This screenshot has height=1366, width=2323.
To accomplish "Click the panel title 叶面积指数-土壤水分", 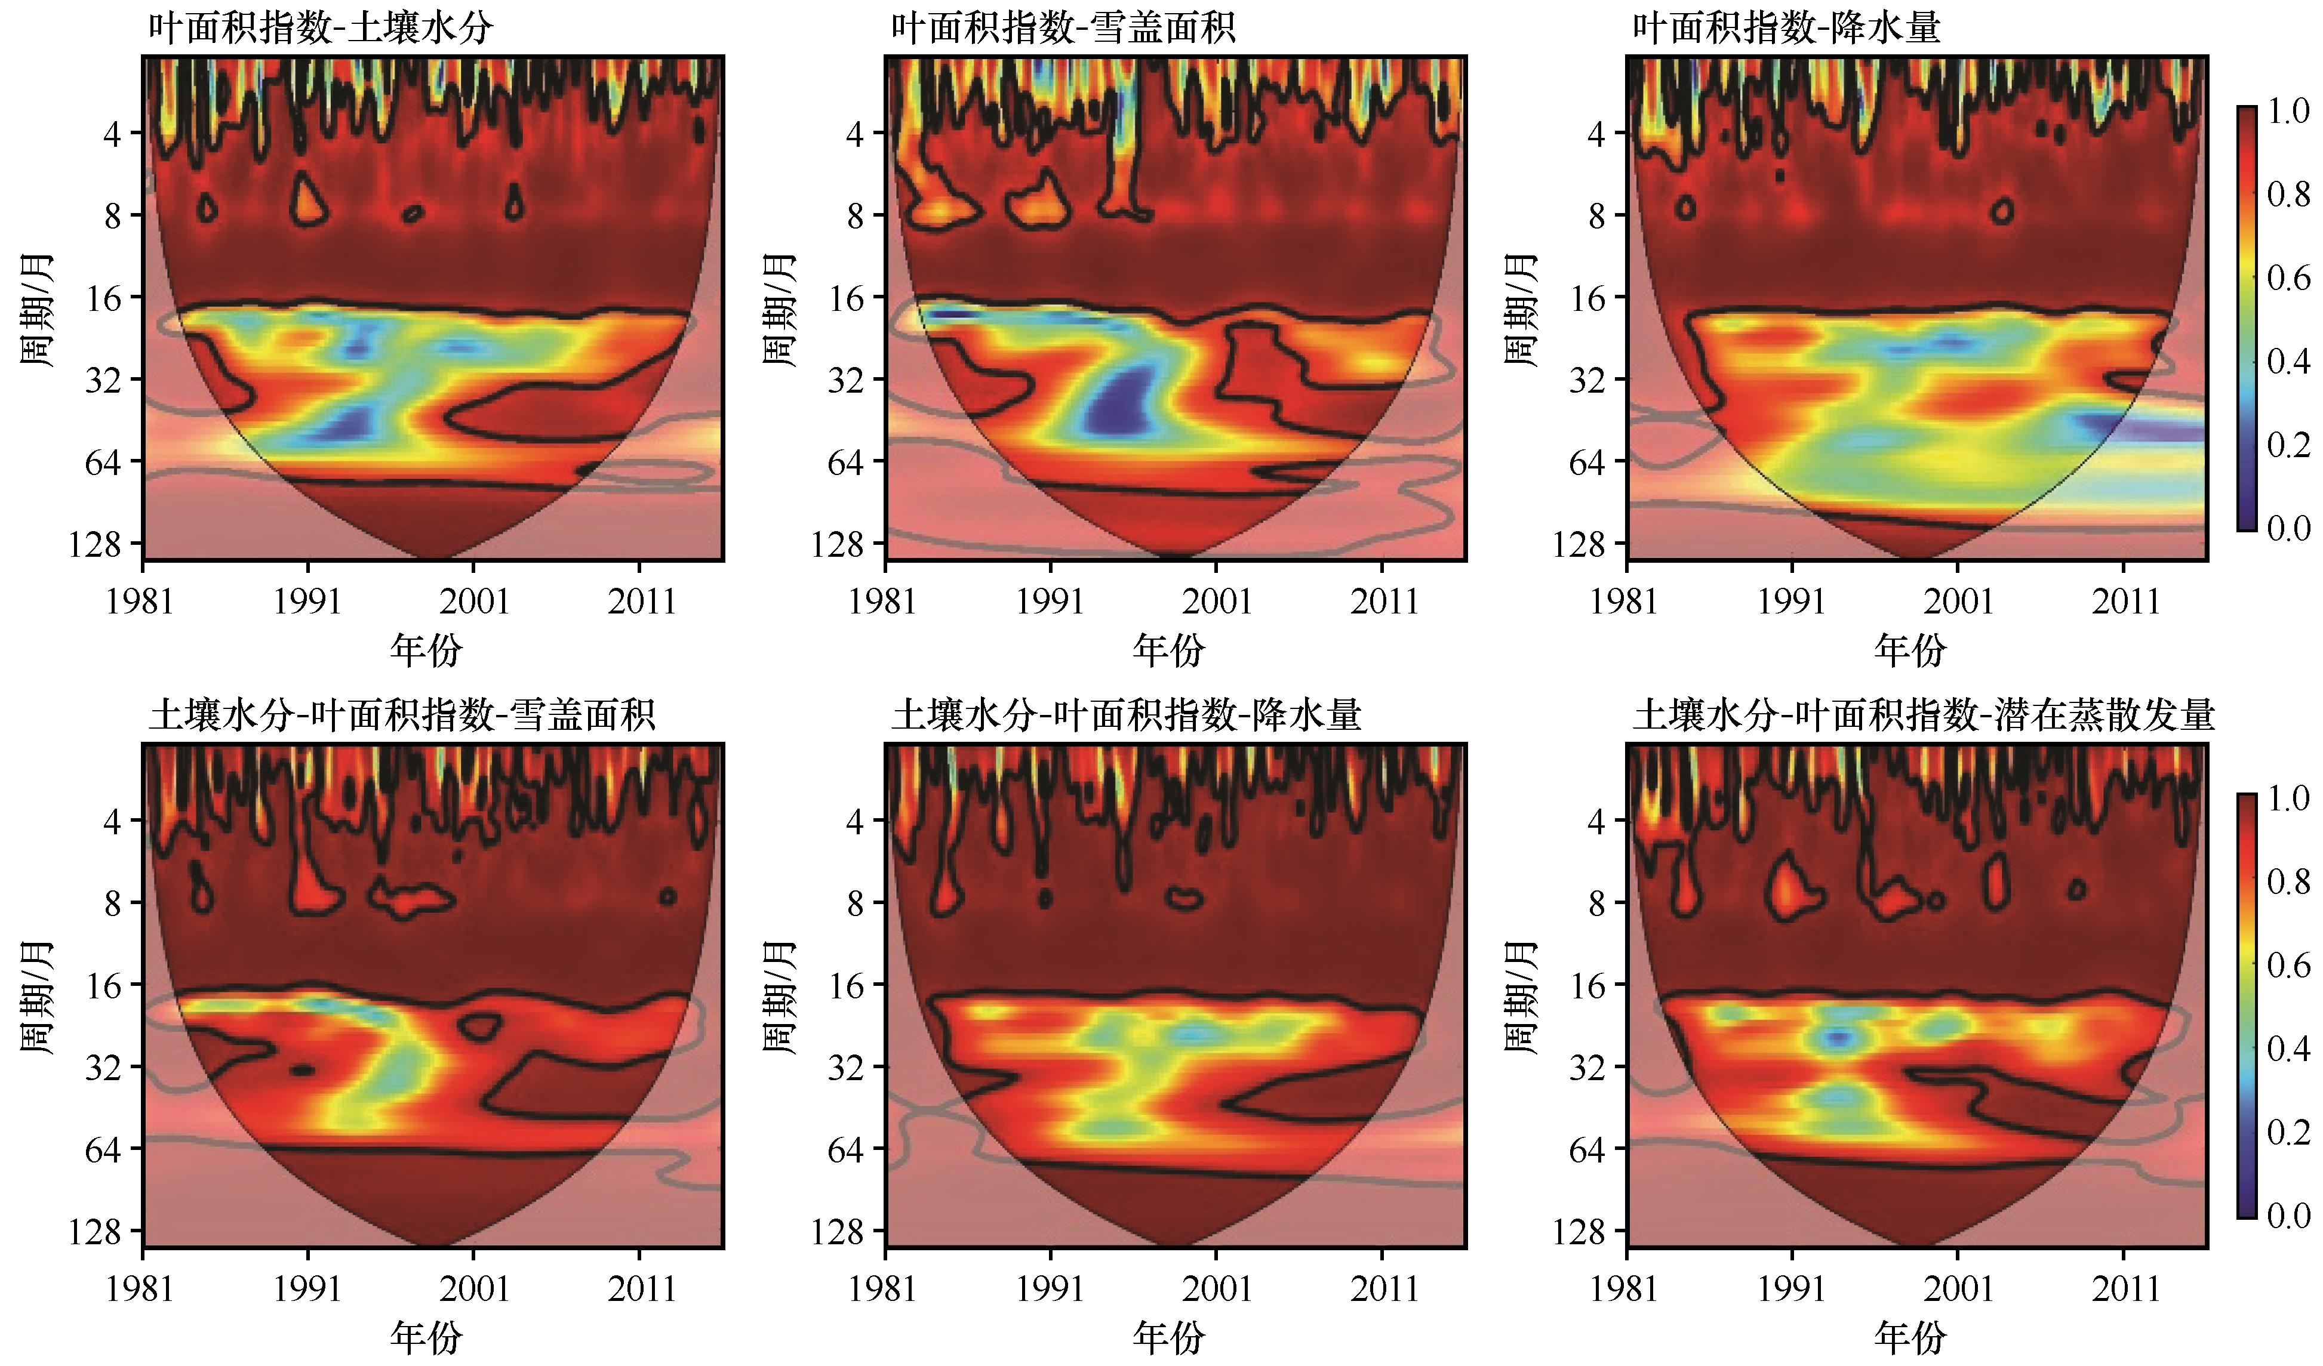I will pos(320,27).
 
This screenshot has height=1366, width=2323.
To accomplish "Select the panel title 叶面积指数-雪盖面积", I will pos(1062,27).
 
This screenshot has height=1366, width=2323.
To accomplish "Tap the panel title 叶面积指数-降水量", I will pos(1786,27).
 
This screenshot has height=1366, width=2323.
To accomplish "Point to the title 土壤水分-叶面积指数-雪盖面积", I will pos(402,714).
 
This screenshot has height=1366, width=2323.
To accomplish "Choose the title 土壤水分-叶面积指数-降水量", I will pos(1127,714).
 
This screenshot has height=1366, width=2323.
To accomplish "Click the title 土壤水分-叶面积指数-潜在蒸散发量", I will pos(1923,714).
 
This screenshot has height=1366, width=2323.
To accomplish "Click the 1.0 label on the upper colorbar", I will pos(2288,112).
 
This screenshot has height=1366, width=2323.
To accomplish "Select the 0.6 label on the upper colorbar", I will pos(2288,278).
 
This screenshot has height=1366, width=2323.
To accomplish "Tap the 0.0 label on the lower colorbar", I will pos(2288,1216).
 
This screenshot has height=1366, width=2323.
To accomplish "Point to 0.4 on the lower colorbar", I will pos(2288,1048).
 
